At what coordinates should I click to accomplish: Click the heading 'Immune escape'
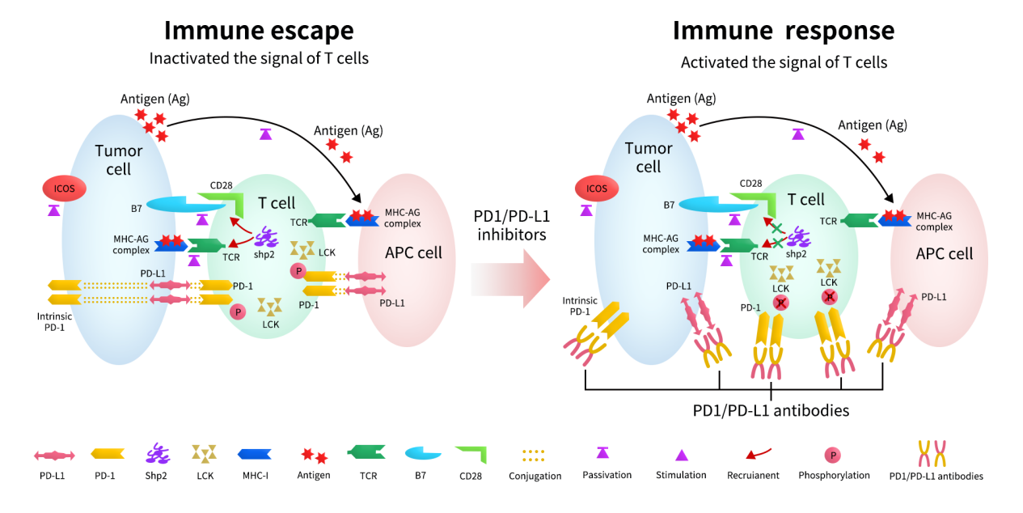pos(259,30)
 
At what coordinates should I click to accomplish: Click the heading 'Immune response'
pos(783,30)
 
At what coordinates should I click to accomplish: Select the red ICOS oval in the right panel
pos(596,189)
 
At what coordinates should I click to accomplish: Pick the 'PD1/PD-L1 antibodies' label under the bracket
pos(771,410)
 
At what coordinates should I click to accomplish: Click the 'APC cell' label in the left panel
pos(413,252)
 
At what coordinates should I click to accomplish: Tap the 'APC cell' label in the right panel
pos(944,253)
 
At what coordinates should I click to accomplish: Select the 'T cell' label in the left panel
pos(277,203)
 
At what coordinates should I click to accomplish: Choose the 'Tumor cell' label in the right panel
pos(649,158)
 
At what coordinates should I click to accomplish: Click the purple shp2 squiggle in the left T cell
pos(268,238)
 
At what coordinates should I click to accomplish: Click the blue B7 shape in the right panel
pos(708,206)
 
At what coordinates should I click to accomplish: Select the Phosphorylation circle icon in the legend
pos(832,456)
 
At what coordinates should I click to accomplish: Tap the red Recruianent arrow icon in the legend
pos(754,456)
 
